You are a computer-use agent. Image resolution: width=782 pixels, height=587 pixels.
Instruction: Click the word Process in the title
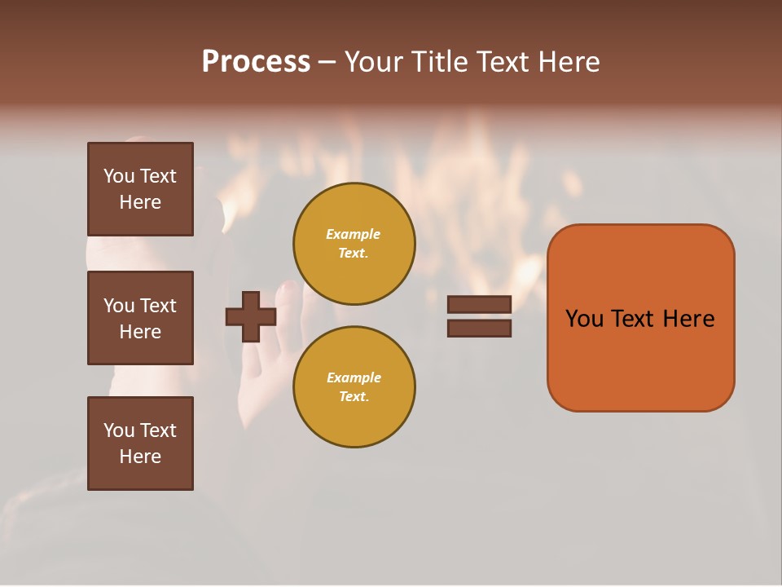[x=256, y=62]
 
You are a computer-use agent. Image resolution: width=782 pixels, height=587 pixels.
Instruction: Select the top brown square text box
[x=140, y=189]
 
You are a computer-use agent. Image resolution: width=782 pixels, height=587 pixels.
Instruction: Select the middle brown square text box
[x=140, y=318]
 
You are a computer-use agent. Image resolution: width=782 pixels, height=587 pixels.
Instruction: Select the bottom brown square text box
[x=140, y=444]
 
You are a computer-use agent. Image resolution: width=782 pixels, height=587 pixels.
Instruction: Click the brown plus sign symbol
[x=251, y=316]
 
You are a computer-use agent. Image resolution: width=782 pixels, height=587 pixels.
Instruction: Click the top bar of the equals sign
[x=479, y=305]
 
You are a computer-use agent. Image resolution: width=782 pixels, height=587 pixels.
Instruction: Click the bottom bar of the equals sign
[x=479, y=328]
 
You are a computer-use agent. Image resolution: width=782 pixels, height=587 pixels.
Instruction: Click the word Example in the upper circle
[x=353, y=234]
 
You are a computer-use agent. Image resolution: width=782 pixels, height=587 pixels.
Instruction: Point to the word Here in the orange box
[x=688, y=319]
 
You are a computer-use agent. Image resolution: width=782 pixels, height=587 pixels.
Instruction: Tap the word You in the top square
[x=119, y=176]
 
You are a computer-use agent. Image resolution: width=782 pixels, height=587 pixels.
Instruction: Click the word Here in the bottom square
[x=140, y=457]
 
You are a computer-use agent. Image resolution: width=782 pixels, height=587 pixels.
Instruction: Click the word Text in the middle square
[x=158, y=306]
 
